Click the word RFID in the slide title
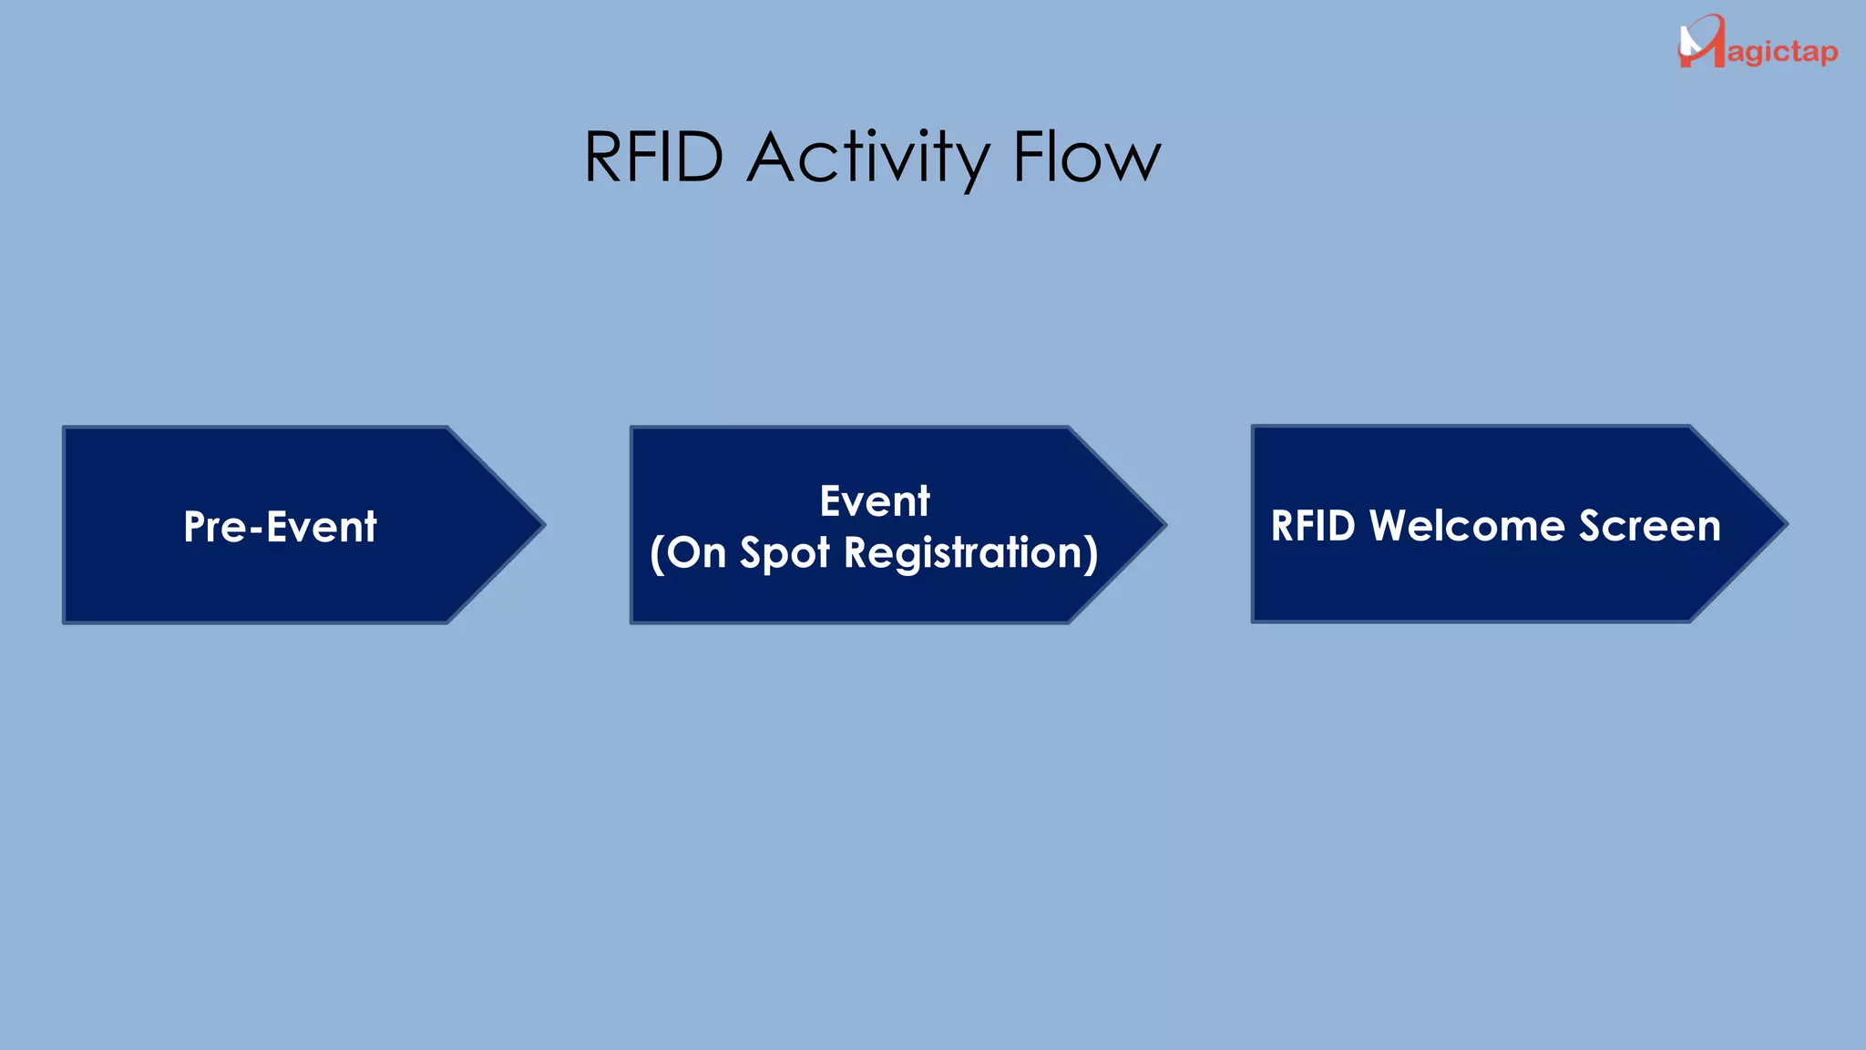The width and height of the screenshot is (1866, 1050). click(x=653, y=157)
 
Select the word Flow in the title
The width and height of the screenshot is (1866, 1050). click(x=1088, y=157)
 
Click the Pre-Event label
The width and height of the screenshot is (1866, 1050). click(x=280, y=526)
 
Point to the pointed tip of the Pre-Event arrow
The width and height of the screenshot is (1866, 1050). click(x=545, y=524)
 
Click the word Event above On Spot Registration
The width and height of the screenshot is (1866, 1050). click(x=875, y=500)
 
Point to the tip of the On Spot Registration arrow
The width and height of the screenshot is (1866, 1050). click(x=1166, y=524)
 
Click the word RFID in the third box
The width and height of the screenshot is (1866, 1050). click(x=1313, y=526)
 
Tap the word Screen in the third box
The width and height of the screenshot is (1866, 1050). click(x=1650, y=526)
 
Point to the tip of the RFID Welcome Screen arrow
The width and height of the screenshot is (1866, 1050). click(x=1788, y=524)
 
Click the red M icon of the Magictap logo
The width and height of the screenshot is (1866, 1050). click(x=1701, y=41)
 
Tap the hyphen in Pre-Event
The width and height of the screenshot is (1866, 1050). click(x=256, y=530)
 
